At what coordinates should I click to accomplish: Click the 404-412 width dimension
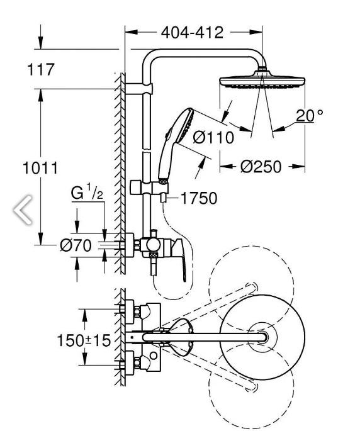192,33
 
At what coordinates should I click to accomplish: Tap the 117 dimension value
41,69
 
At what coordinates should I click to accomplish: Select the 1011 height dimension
40,168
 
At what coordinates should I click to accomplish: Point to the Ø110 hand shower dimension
213,137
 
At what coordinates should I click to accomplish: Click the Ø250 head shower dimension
261,167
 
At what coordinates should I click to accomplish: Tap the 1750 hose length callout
199,198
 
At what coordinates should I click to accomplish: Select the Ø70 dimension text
76,245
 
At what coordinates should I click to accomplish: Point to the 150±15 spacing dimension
84,340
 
